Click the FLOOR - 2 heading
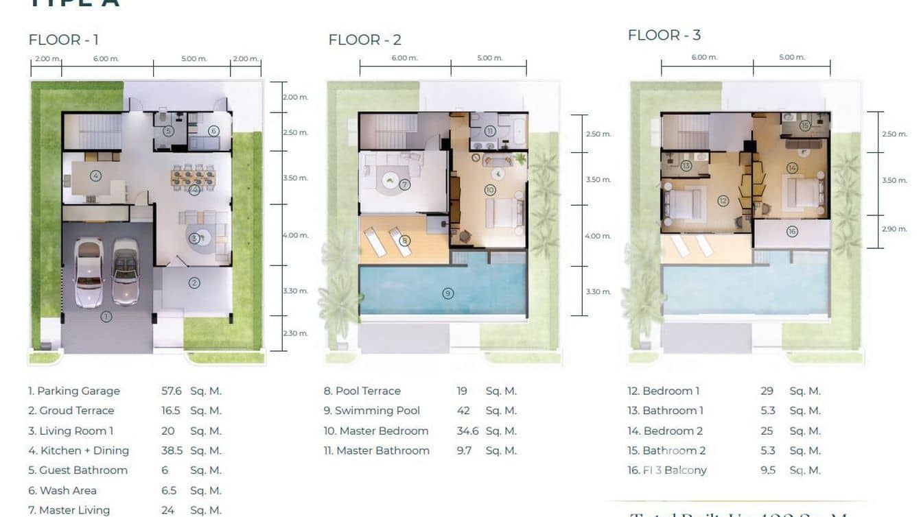click(x=364, y=40)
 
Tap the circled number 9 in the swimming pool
click(x=447, y=293)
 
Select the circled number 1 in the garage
click(x=106, y=317)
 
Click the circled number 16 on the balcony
click(x=792, y=232)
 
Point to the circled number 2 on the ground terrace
click(x=194, y=282)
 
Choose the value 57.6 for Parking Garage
click(x=171, y=391)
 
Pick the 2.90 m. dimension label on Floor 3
click(x=894, y=229)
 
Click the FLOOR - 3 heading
click(x=664, y=35)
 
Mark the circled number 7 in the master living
click(x=405, y=184)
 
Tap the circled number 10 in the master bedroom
click(x=489, y=190)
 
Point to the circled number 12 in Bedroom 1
click(x=723, y=201)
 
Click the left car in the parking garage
click(x=89, y=272)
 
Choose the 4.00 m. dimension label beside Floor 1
click(x=296, y=235)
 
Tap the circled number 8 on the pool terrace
click(x=405, y=241)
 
